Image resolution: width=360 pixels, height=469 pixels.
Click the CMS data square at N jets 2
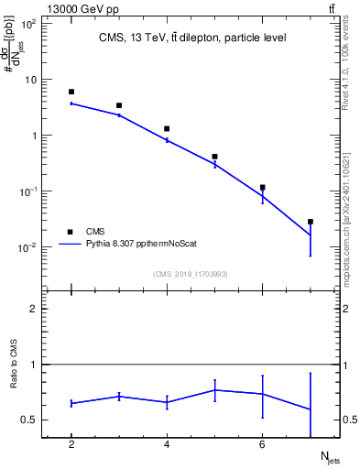(x=71, y=92)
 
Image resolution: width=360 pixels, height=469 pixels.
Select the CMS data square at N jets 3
(x=119, y=105)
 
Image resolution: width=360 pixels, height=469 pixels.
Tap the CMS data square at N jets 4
(x=167, y=129)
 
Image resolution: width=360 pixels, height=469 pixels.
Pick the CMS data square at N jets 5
(x=214, y=157)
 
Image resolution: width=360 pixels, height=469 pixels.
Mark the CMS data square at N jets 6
(x=263, y=187)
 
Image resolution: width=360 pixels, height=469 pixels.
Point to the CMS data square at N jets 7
(x=311, y=222)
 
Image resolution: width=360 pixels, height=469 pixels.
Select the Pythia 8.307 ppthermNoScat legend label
(x=137, y=245)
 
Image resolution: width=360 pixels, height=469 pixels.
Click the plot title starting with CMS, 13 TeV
(x=192, y=38)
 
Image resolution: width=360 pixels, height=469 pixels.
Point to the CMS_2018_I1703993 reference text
(x=191, y=274)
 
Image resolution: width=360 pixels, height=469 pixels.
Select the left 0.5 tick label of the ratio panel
(x=30, y=420)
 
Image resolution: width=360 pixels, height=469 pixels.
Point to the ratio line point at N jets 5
(x=214, y=389)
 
